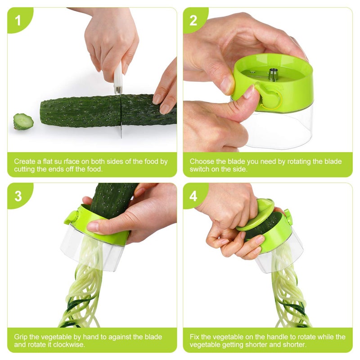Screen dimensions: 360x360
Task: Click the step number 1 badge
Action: click(x=18, y=20)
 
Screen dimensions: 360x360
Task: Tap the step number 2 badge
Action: click(x=193, y=20)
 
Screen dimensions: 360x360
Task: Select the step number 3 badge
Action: click(x=18, y=196)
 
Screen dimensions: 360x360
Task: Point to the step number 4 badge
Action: click(x=193, y=196)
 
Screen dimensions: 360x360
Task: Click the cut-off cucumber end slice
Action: click(x=23, y=121)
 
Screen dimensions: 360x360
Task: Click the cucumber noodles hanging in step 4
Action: click(x=288, y=292)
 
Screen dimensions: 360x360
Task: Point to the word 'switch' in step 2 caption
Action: click(x=199, y=169)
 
